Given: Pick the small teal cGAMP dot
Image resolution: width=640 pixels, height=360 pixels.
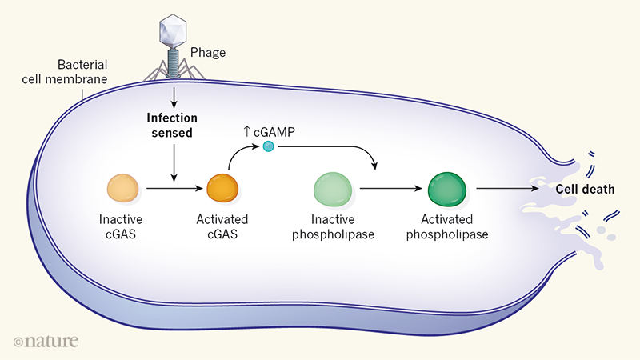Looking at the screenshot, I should point(268,146).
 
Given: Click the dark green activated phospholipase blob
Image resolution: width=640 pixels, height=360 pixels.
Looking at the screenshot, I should point(448,190).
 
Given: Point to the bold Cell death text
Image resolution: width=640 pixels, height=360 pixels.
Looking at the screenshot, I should point(585,189).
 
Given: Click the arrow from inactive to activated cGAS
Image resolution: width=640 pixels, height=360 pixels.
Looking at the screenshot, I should point(172,190).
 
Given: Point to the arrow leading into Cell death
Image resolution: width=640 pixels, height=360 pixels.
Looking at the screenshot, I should point(511,190).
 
